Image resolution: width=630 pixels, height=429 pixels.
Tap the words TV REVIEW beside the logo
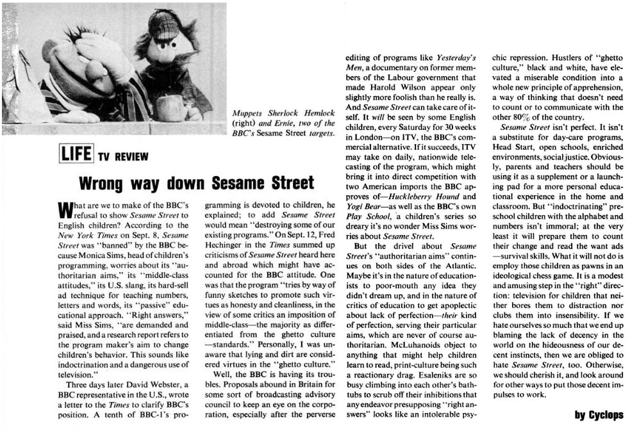coord(123,157)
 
